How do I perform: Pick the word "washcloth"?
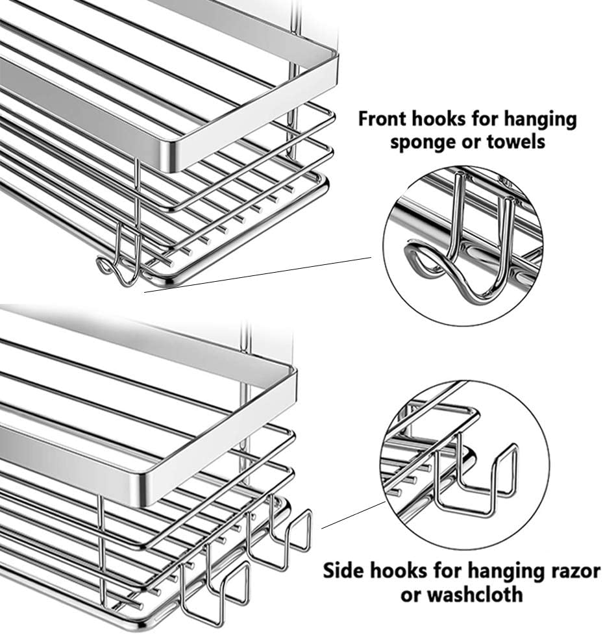[x=473, y=595]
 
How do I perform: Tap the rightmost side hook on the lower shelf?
[x=291, y=529]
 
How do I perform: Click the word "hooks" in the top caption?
[x=442, y=119]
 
